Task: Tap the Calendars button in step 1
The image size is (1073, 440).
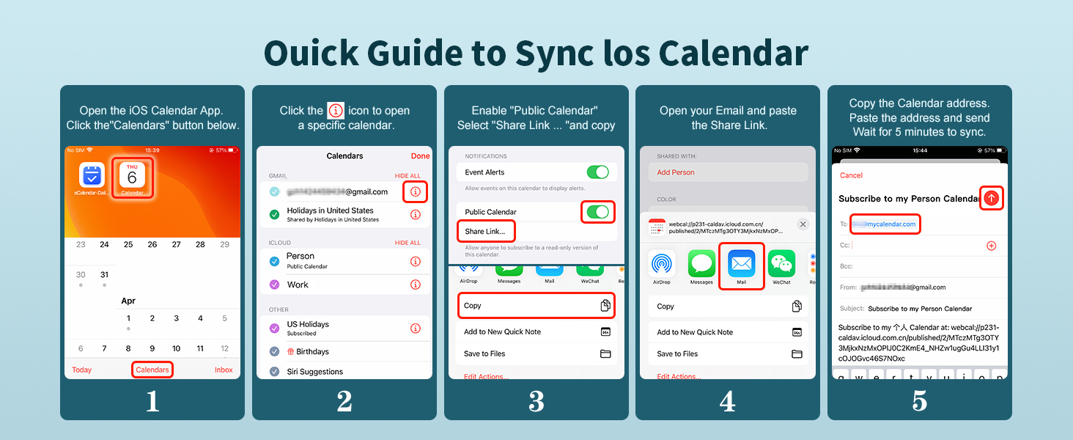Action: pyautogui.click(x=152, y=370)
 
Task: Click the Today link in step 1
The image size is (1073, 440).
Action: pyautogui.click(x=82, y=370)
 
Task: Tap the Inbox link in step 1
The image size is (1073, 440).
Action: pyautogui.click(x=224, y=370)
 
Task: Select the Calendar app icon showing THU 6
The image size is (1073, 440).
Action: pyautogui.click(x=132, y=176)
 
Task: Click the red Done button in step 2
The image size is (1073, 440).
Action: pyautogui.click(x=421, y=156)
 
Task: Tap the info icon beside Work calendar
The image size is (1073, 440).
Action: pyautogui.click(x=416, y=285)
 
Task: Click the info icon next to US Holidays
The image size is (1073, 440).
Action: pyautogui.click(x=416, y=329)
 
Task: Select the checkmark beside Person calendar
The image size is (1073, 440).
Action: pyautogui.click(x=274, y=261)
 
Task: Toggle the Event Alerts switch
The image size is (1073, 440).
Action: pyautogui.click(x=598, y=172)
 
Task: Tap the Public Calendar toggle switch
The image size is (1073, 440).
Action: pyautogui.click(x=598, y=212)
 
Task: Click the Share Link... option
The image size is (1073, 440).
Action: pyautogui.click(x=485, y=231)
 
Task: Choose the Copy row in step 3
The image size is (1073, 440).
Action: pyautogui.click(x=536, y=306)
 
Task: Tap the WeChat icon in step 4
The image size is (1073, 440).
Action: pyautogui.click(x=782, y=265)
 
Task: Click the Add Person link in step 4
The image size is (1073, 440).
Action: pyautogui.click(x=676, y=172)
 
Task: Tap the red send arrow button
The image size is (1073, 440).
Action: pyautogui.click(x=992, y=198)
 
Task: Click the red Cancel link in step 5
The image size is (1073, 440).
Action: pyautogui.click(x=851, y=175)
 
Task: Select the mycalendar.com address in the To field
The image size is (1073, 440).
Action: pyautogui.click(x=885, y=224)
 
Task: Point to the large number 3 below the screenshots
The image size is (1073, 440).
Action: pyautogui.click(x=536, y=401)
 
